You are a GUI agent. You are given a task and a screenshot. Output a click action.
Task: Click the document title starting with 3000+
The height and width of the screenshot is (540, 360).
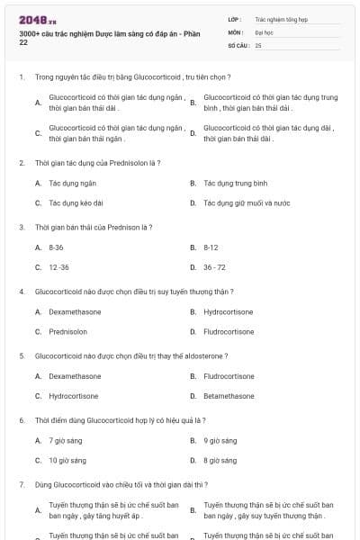pyautogui.click(x=105, y=37)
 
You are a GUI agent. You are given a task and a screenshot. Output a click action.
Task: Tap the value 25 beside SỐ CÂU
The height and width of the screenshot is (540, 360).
pyautogui.click(x=258, y=44)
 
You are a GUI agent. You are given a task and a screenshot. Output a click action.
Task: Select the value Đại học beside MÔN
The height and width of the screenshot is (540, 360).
pyautogui.click(x=264, y=31)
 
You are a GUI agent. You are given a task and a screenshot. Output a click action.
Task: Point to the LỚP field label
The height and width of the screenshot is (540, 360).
pyautogui.click(x=234, y=18)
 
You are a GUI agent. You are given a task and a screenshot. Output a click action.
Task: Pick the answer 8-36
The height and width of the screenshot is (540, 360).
pyautogui.click(x=56, y=247)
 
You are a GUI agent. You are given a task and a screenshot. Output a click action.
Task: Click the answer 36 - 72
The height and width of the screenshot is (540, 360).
pyautogui.click(x=214, y=267)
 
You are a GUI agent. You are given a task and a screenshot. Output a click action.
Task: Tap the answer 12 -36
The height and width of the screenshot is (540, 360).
pyautogui.click(x=58, y=267)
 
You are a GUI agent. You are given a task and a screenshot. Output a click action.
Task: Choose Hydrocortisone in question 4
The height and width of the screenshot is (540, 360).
pyautogui.click(x=229, y=311)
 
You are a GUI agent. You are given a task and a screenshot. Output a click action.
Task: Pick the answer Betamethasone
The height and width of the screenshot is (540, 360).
pyautogui.click(x=229, y=396)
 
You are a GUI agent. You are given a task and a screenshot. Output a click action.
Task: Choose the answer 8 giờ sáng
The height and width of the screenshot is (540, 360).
pyautogui.click(x=220, y=460)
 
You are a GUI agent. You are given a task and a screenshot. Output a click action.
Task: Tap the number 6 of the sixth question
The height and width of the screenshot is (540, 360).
pyautogui.click(x=22, y=420)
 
